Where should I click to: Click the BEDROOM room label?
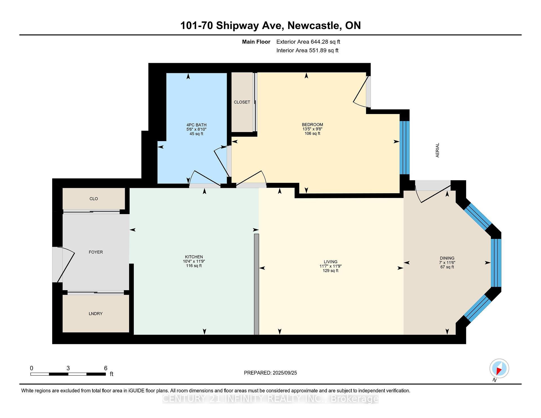[312, 124]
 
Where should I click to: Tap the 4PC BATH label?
[196, 125]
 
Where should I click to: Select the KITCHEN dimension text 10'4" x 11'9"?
[194, 261]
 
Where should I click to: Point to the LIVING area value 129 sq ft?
[330, 271]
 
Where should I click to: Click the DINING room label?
[447, 258]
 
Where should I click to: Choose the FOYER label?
[96, 252]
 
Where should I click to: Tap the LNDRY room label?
[96, 313]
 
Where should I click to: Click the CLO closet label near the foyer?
[94, 199]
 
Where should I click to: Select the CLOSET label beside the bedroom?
[242, 102]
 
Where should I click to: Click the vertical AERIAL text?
[438, 150]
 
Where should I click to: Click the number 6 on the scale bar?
[106, 368]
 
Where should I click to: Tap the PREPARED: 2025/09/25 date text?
[270, 373]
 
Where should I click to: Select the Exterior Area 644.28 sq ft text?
[308, 42]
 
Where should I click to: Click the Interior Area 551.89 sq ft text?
[307, 50]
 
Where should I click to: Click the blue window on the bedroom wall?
[404, 148]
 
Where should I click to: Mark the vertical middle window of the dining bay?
[496, 263]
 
